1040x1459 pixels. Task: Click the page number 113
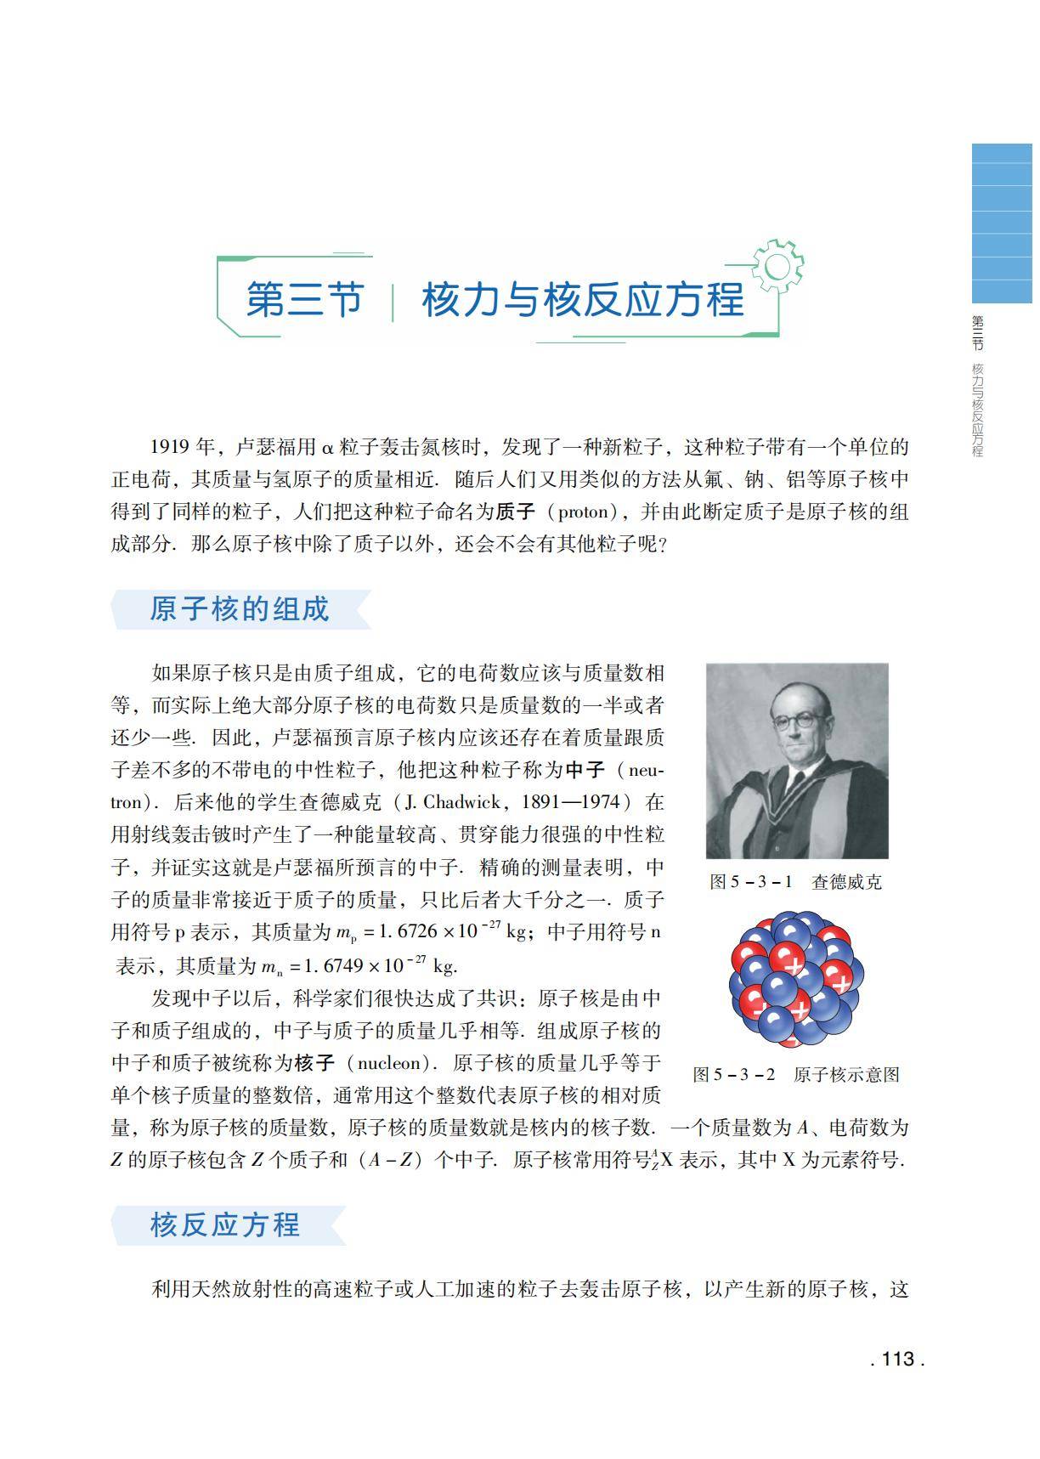(898, 1359)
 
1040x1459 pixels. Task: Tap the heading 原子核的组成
(239, 609)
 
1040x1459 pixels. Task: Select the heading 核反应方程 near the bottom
(225, 1224)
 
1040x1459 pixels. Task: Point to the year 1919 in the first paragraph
(171, 447)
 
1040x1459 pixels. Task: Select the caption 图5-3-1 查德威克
(796, 882)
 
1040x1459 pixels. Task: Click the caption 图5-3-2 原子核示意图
(796, 1074)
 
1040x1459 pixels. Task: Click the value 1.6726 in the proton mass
(406, 931)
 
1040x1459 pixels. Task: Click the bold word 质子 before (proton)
(516, 512)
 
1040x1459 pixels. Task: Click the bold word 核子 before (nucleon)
(314, 1063)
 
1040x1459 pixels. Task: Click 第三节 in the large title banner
(305, 300)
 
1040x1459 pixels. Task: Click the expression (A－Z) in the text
(392, 1160)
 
